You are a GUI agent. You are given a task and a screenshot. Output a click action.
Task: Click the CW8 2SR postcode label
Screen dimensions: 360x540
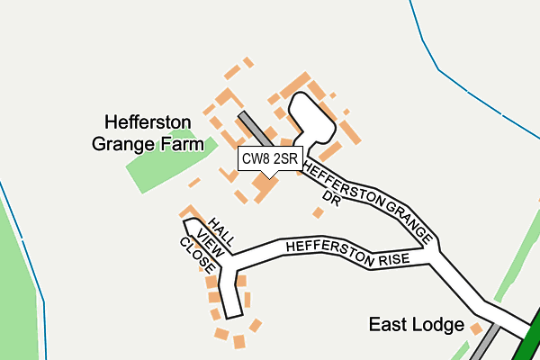pyautogui.click(x=269, y=159)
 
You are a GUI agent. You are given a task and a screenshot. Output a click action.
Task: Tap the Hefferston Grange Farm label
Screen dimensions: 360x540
pyautogui.click(x=152, y=131)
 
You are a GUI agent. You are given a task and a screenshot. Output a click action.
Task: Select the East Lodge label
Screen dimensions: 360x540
pyautogui.click(x=416, y=325)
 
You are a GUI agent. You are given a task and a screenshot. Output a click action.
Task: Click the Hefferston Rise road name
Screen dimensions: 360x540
pyautogui.click(x=347, y=253)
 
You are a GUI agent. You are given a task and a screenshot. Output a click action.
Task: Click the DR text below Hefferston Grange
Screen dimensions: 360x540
pyautogui.click(x=331, y=197)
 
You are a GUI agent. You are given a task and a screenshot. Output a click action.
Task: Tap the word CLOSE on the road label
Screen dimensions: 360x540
pyautogui.click(x=196, y=256)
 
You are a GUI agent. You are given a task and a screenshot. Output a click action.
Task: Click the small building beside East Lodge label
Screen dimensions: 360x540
pyautogui.click(x=476, y=329)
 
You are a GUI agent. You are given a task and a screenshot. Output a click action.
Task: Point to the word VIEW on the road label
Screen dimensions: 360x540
pyautogui.click(x=210, y=243)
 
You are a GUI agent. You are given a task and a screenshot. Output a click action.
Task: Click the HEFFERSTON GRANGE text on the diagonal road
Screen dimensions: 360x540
pyautogui.click(x=370, y=199)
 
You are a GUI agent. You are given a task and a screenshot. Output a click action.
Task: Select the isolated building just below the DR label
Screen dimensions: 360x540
pyautogui.click(x=318, y=213)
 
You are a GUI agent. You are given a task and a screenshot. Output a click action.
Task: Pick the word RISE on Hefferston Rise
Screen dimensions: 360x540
pyautogui.click(x=393, y=258)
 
